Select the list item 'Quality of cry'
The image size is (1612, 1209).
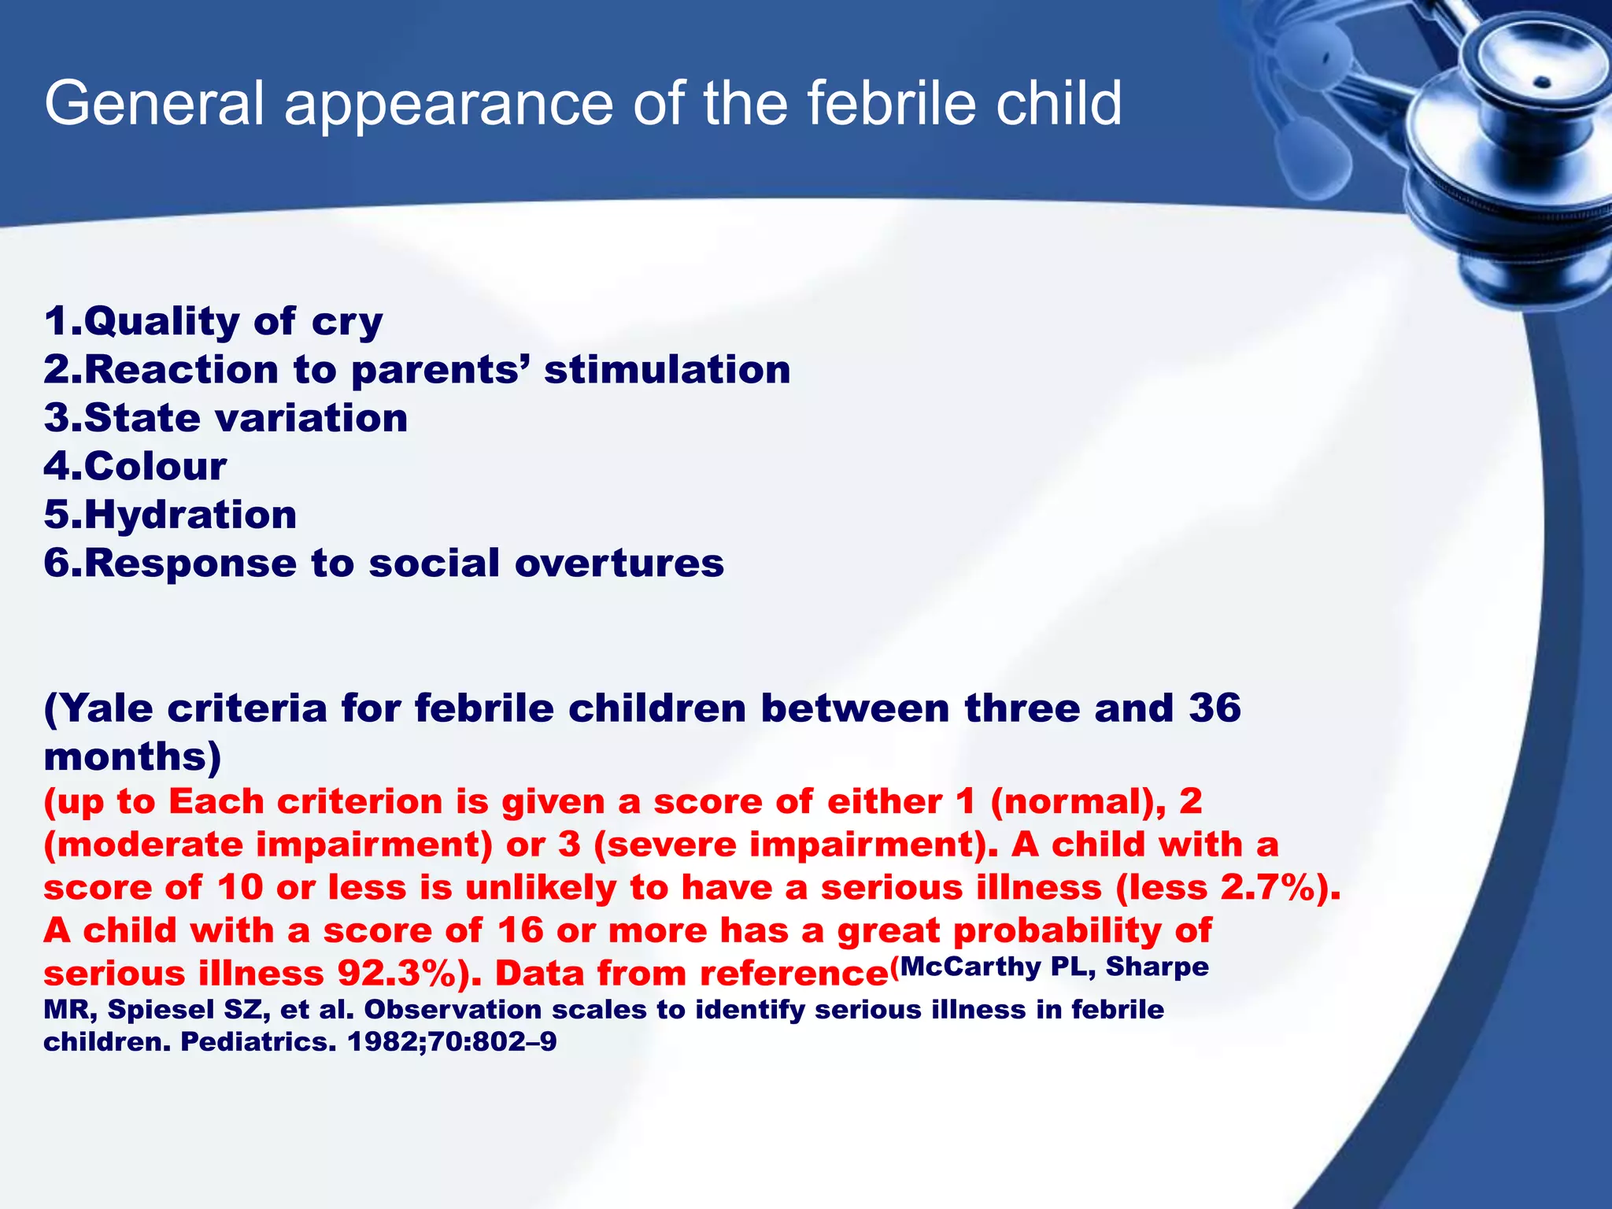click(213, 321)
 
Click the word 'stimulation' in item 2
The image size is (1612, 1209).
click(667, 369)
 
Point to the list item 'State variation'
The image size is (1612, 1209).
click(226, 418)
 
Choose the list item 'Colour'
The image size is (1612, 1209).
click(135, 466)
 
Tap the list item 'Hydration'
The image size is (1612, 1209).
click(170, 515)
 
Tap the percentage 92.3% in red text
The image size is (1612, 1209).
click(397, 974)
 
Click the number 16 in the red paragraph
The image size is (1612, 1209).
click(519, 930)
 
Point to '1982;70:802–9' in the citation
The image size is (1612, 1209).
click(452, 1041)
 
